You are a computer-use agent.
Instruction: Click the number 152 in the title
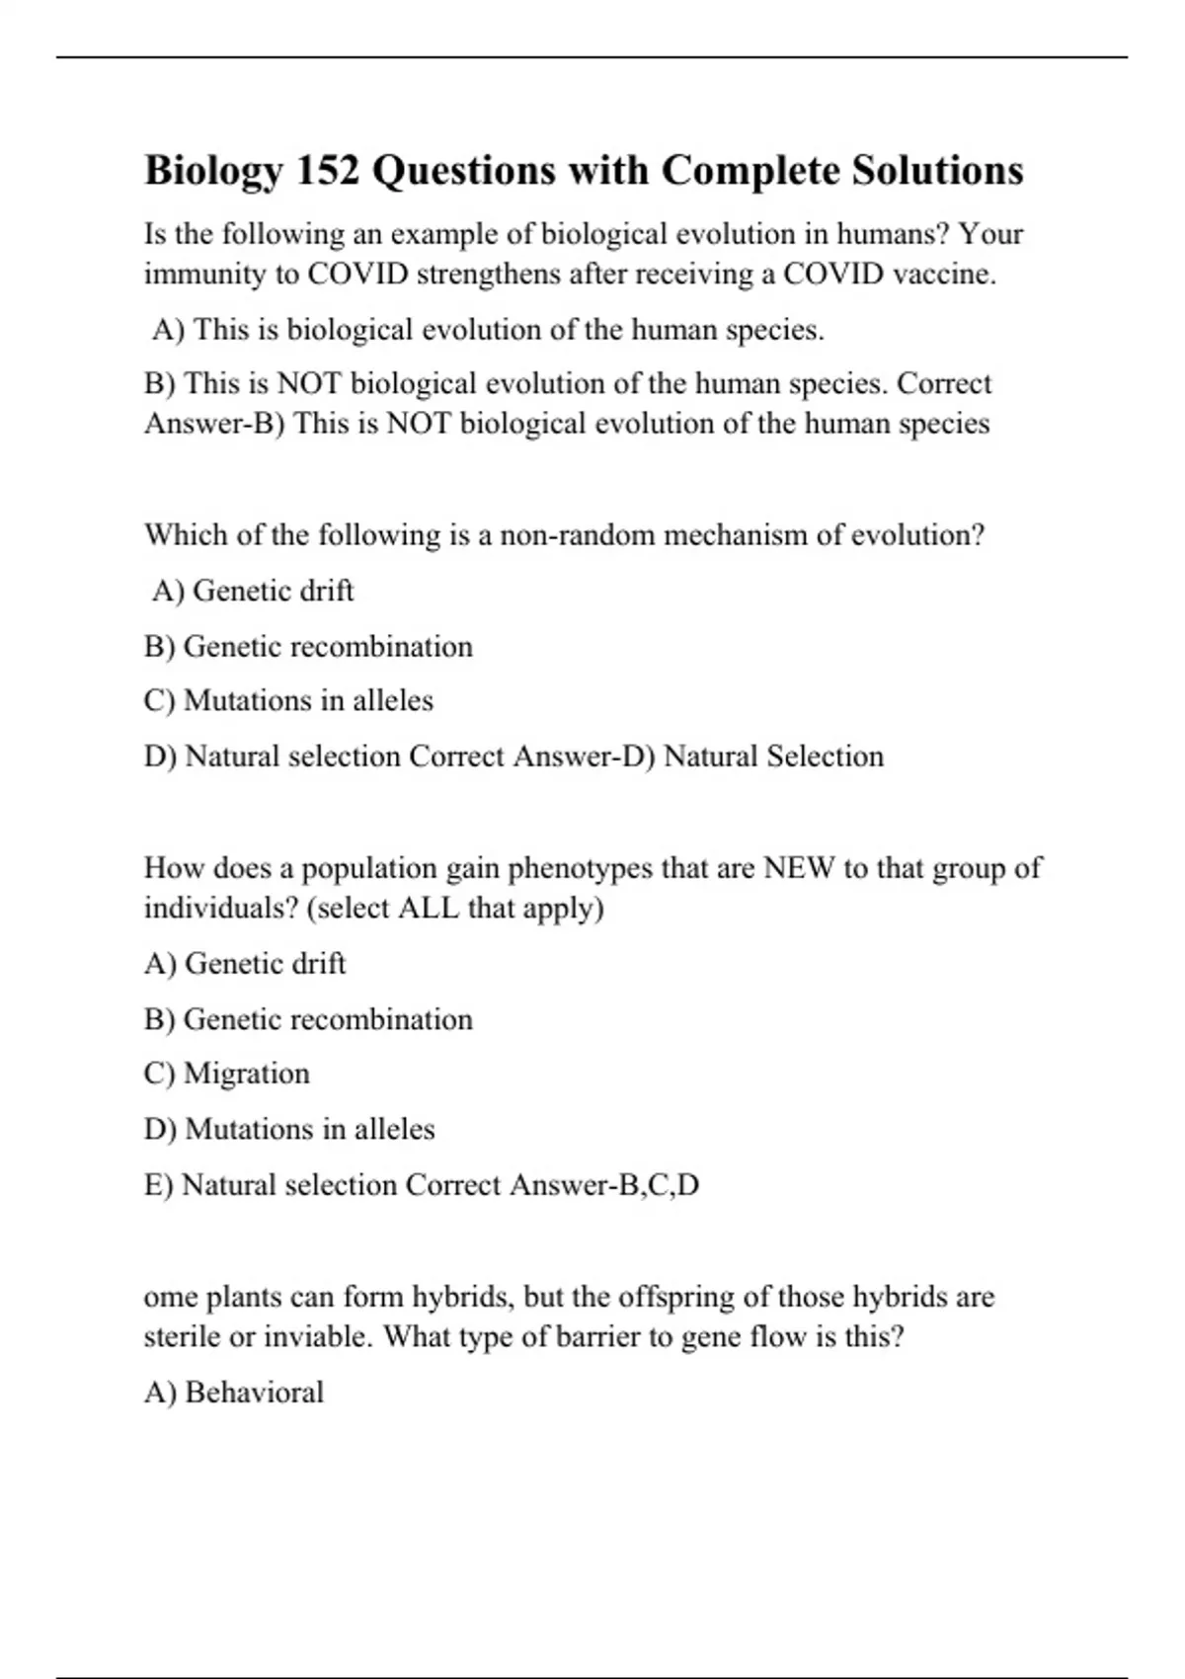pyautogui.click(x=328, y=170)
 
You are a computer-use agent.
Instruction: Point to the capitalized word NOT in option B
pyautogui.click(x=310, y=383)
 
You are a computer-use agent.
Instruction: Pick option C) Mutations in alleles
pyautogui.click(x=288, y=700)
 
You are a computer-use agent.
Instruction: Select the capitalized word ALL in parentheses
pyautogui.click(x=428, y=908)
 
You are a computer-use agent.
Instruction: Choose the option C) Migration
pyautogui.click(x=227, y=1074)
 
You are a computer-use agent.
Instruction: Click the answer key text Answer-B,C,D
pyautogui.click(x=604, y=1185)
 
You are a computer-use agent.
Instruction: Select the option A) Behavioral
pyautogui.click(x=234, y=1393)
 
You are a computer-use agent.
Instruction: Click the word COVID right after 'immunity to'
pyautogui.click(x=357, y=274)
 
